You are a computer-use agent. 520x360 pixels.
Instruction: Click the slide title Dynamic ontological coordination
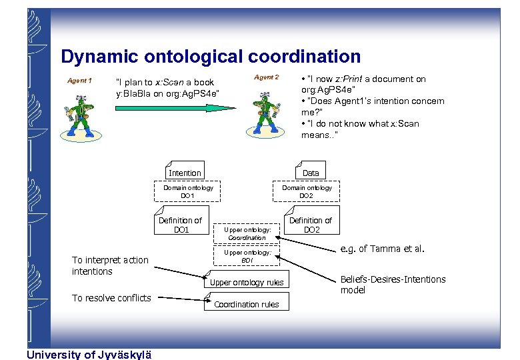point(210,57)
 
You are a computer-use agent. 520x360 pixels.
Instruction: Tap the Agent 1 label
point(79,81)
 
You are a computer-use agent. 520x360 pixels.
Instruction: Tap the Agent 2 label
point(266,77)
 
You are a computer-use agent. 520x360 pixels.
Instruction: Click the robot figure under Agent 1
point(81,117)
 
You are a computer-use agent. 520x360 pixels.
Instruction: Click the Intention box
point(185,172)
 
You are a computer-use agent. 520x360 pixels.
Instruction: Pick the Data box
point(311,172)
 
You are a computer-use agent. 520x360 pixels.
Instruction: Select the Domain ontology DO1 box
point(188,191)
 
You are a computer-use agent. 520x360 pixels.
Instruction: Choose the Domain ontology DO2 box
point(306,191)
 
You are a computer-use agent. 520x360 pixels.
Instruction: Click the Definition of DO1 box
point(181,225)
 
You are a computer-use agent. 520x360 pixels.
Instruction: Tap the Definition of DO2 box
point(311,225)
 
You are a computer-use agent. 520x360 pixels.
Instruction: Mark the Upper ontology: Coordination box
point(247,233)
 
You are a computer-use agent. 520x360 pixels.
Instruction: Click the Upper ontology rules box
point(247,282)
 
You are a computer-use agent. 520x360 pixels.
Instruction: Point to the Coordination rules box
point(246,304)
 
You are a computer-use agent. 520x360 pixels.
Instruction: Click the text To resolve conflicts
point(111,298)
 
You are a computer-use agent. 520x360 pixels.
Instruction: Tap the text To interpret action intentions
point(110,265)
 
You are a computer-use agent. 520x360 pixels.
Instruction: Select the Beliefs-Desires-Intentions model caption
point(393,284)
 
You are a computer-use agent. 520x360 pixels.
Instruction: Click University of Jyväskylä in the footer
point(89,354)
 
